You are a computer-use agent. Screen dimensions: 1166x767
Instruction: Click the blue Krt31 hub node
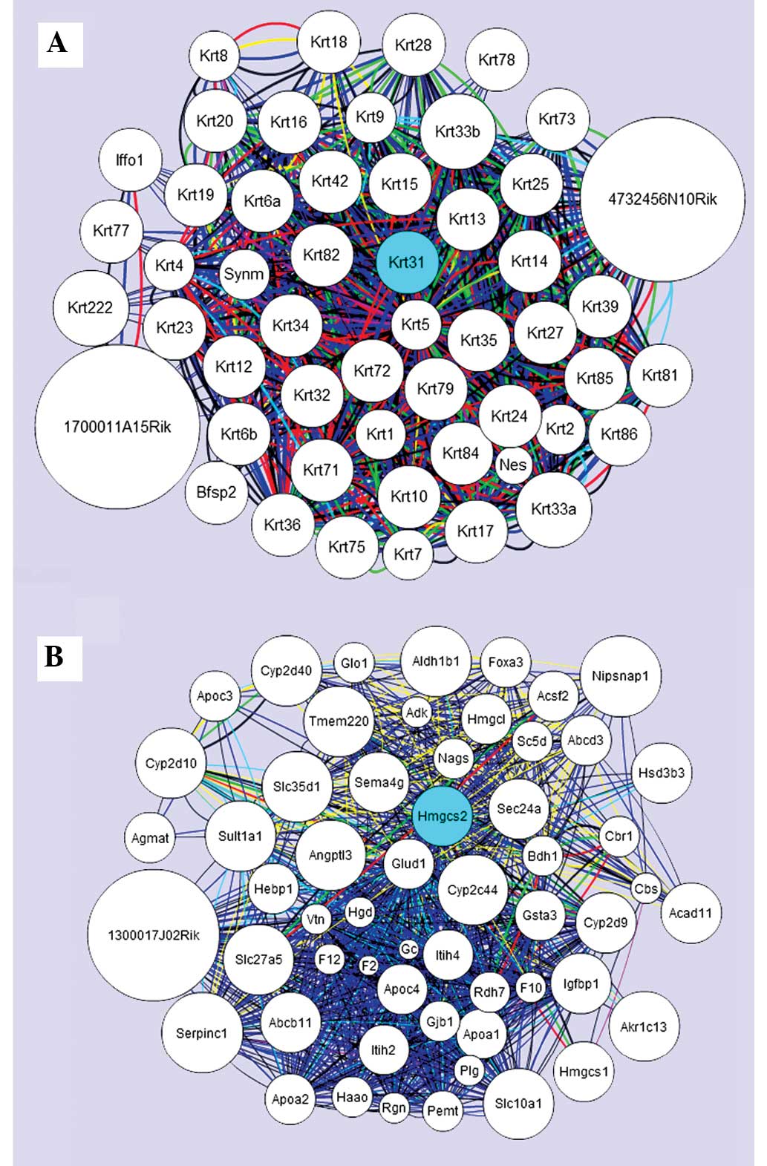[x=406, y=263]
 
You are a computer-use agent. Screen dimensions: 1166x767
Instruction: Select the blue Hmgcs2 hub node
[x=443, y=816]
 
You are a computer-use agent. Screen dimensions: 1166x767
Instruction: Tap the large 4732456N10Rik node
[x=662, y=199]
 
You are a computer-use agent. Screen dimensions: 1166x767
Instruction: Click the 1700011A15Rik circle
[x=117, y=427]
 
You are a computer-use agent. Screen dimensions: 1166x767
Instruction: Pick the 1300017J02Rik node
[x=154, y=934]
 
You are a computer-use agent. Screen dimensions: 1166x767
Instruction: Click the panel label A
[x=57, y=43]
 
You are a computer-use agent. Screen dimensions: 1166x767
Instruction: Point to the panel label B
[x=54, y=656]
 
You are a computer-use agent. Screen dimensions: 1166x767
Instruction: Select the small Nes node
[x=513, y=465]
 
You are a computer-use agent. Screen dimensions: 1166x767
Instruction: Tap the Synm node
[x=244, y=274]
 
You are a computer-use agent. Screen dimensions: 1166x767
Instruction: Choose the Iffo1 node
[x=129, y=160]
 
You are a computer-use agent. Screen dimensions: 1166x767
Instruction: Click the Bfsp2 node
[x=217, y=491]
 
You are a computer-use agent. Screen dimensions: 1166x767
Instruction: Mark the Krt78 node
[x=496, y=59]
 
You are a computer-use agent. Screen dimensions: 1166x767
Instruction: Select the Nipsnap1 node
[x=620, y=676]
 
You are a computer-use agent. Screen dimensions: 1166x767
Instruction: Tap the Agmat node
[x=150, y=838]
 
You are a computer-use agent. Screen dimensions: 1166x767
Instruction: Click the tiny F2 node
[x=368, y=966]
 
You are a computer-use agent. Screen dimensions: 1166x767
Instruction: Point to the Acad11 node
[x=691, y=913]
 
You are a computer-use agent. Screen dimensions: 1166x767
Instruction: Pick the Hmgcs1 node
[x=584, y=1071]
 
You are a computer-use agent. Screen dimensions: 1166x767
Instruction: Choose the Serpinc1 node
[x=202, y=1033]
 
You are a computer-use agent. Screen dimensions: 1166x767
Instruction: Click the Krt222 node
[x=90, y=307]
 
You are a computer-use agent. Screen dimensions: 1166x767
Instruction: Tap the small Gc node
[x=409, y=949]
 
